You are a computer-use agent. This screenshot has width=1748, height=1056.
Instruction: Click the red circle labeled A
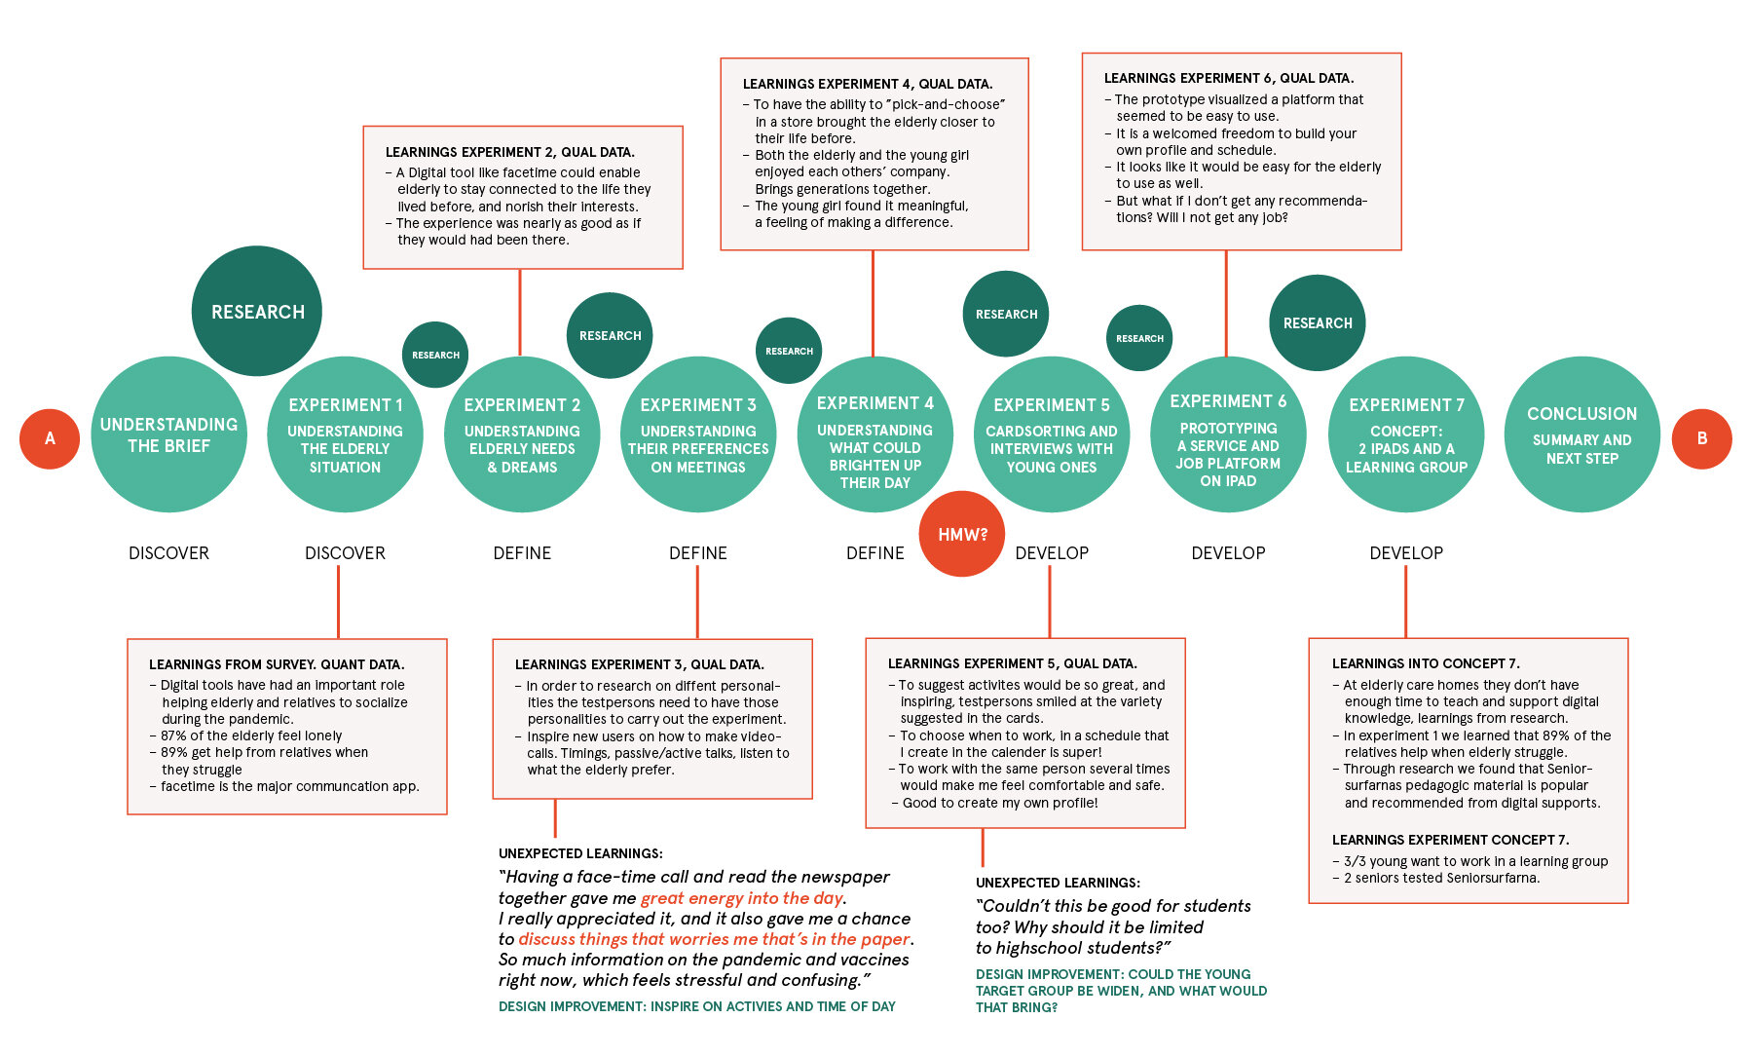click(x=50, y=438)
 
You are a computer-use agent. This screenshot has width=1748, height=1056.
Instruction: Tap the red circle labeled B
click(x=1701, y=438)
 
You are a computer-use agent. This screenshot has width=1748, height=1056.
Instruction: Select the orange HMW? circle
click(x=961, y=534)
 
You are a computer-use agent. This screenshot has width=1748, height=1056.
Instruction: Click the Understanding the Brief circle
click(x=168, y=434)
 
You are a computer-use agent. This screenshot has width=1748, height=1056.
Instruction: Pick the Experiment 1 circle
click(x=345, y=434)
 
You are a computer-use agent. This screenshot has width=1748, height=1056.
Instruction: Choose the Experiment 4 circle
click(x=874, y=434)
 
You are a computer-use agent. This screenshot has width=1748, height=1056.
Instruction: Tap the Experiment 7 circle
click(x=1406, y=434)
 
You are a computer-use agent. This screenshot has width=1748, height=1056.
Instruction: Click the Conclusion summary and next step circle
click(x=1581, y=434)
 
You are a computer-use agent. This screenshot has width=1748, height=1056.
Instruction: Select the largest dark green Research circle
click(x=257, y=311)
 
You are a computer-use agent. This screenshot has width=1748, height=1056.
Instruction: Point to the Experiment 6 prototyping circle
click(x=1228, y=434)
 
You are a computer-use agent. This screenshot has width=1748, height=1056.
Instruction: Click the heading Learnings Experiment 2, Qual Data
click(x=509, y=152)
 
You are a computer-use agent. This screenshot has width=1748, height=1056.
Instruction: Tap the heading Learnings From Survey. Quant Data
click(x=276, y=664)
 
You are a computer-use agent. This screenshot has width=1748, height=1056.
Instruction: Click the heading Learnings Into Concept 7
click(x=1425, y=663)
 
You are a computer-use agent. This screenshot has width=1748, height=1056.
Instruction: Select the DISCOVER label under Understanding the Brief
click(x=168, y=553)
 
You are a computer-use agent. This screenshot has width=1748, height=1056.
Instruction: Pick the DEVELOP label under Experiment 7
click(x=1406, y=553)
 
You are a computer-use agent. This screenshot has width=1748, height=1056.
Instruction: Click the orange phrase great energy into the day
click(x=741, y=898)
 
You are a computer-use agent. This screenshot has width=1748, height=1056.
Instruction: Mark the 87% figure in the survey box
click(x=174, y=735)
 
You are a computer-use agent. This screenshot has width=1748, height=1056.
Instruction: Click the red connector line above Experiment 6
click(x=1226, y=302)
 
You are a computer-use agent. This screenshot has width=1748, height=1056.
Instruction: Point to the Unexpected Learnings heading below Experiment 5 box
click(x=1058, y=883)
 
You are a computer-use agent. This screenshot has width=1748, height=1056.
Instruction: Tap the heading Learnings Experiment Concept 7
click(x=1450, y=840)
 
